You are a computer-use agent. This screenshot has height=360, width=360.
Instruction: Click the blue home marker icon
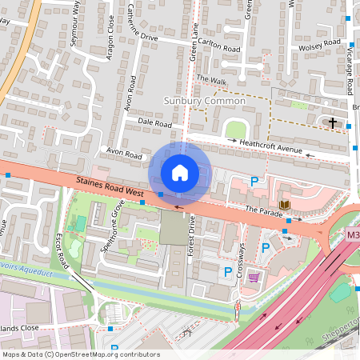(x=180, y=172)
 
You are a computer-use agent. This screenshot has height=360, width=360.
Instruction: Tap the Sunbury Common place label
(x=204, y=101)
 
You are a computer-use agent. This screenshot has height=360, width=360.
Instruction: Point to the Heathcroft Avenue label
(x=271, y=148)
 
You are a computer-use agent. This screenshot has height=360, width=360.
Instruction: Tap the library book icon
(x=284, y=206)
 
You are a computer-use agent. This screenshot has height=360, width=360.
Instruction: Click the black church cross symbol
(x=332, y=122)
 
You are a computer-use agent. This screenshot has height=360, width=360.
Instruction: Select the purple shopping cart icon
(x=254, y=277)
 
